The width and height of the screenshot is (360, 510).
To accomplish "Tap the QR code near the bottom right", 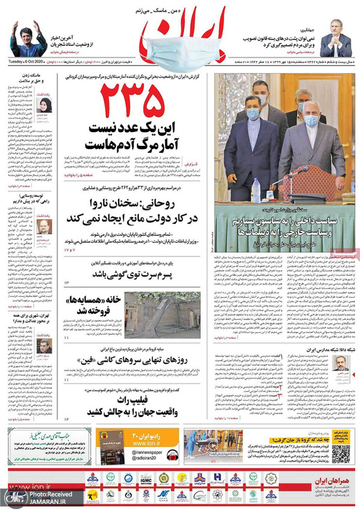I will click(x=340, y=453).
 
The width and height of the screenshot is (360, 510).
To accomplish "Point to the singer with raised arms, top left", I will click(x=29, y=35).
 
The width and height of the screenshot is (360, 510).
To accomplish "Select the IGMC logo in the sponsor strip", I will click(x=145, y=477).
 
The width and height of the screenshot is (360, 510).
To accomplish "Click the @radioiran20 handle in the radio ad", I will click(x=149, y=461).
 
